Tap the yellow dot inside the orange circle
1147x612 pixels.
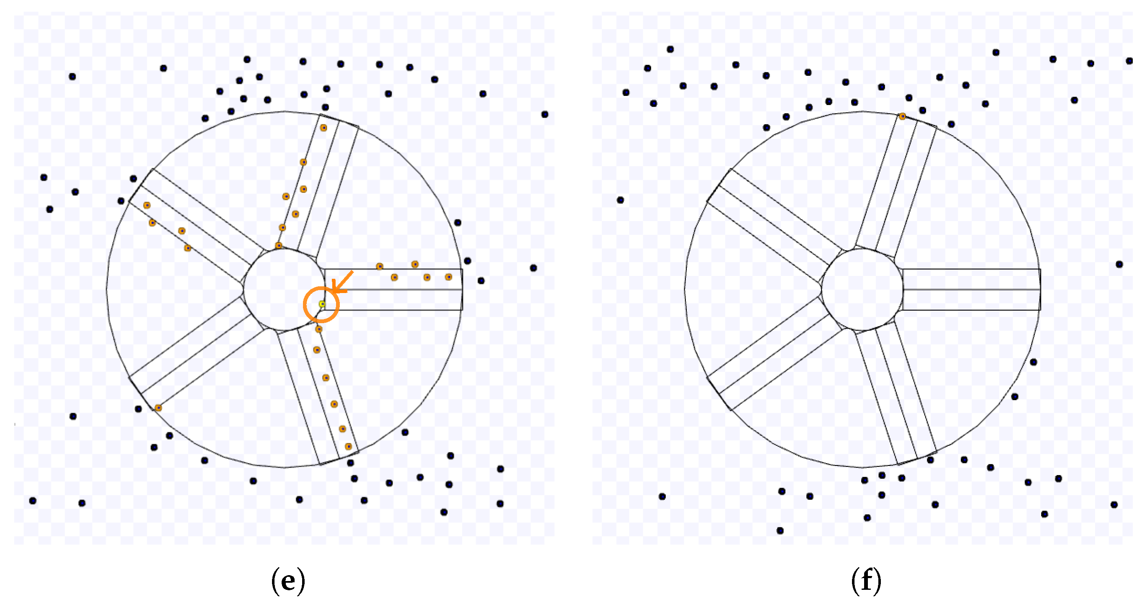322,304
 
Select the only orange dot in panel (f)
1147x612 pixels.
902,117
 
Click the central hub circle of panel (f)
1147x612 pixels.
862,290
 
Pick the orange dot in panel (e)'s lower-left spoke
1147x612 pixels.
158,408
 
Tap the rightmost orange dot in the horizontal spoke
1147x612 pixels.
449,277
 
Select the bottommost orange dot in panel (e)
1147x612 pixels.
348,446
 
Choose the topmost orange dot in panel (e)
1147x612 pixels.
324,128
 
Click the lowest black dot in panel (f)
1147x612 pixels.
780,530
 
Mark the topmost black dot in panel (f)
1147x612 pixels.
670,49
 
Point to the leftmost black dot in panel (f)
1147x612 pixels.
620,200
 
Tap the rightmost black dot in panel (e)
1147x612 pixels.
544,114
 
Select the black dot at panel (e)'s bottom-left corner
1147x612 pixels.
33,501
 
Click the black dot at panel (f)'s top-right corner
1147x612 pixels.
1129,61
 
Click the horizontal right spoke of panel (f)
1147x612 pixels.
971,290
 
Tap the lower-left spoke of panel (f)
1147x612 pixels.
775,352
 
